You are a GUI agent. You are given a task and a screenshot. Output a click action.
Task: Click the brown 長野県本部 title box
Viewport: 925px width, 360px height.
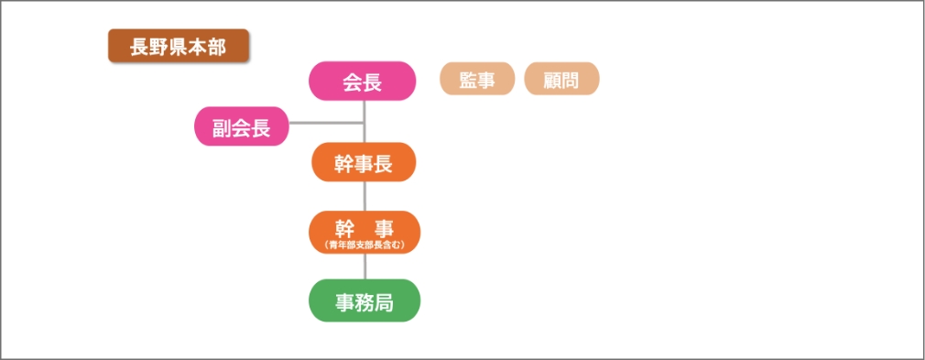tap(179, 46)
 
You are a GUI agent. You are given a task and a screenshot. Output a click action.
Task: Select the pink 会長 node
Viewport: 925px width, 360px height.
tap(363, 81)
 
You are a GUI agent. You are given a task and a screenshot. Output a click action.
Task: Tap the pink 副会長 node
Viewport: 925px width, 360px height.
tap(242, 126)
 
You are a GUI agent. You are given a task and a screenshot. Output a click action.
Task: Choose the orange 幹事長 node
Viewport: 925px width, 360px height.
tap(364, 162)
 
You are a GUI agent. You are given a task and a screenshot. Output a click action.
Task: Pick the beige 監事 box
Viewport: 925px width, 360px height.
tap(477, 79)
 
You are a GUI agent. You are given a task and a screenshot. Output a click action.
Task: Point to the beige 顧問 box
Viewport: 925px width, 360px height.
tap(561, 79)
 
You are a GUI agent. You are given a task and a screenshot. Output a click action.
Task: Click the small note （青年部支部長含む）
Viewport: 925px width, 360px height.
tap(365, 245)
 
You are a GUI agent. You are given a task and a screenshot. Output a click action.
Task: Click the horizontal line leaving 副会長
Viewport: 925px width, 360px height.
tap(327, 124)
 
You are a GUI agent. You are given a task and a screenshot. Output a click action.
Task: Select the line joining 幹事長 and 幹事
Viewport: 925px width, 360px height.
tap(365, 196)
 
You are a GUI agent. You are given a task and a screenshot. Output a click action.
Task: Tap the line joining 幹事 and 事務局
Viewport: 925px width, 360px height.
tap(365, 267)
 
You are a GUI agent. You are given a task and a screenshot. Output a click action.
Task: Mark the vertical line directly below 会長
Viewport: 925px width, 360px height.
tap(365, 122)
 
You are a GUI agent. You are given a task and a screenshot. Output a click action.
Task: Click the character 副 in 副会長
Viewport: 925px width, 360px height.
tap(223, 127)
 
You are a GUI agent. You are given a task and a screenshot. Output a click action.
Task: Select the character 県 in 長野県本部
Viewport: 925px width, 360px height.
tap(179, 47)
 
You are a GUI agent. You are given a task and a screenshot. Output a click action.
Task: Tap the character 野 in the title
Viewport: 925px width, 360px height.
tap(158, 47)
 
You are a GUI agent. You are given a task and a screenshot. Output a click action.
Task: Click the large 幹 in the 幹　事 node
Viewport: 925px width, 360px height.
tap(344, 229)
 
